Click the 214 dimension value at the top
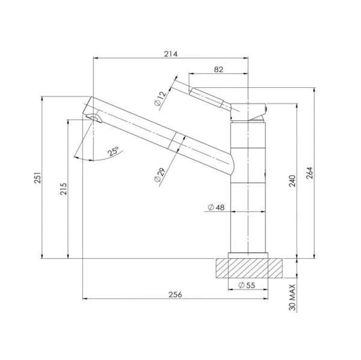[170, 54]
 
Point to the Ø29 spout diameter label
[159, 175]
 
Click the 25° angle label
[113, 152]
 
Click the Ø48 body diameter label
[215, 208]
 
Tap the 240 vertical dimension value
[291, 181]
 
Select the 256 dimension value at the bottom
[175, 294]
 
